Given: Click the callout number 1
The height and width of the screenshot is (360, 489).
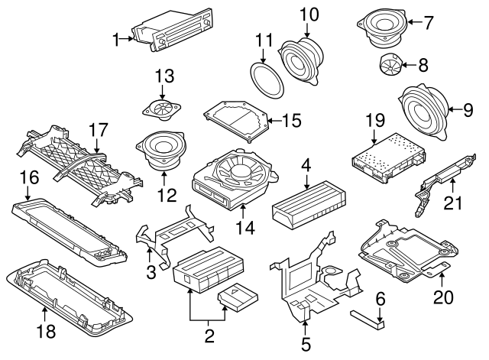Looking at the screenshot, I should pos(115,38).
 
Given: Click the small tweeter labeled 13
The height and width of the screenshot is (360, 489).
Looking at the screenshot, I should pos(163,109).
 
